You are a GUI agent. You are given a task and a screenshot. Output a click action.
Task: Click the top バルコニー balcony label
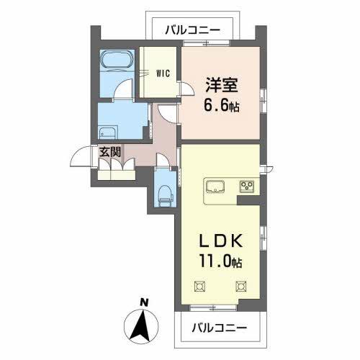[192, 30]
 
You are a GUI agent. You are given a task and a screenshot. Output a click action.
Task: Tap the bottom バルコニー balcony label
[219, 328]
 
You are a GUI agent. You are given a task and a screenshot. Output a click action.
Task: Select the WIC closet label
[163, 72]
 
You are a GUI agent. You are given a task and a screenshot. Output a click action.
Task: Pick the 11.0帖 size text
[218, 264]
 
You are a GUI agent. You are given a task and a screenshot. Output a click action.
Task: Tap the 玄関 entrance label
[109, 151]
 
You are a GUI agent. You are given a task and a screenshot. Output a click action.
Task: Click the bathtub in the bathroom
[115, 59]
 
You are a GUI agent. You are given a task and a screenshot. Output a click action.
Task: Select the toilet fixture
[164, 191]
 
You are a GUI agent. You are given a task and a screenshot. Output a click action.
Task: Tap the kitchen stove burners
[247, 186]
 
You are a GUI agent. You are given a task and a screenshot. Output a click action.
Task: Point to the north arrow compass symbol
[143, 325]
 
